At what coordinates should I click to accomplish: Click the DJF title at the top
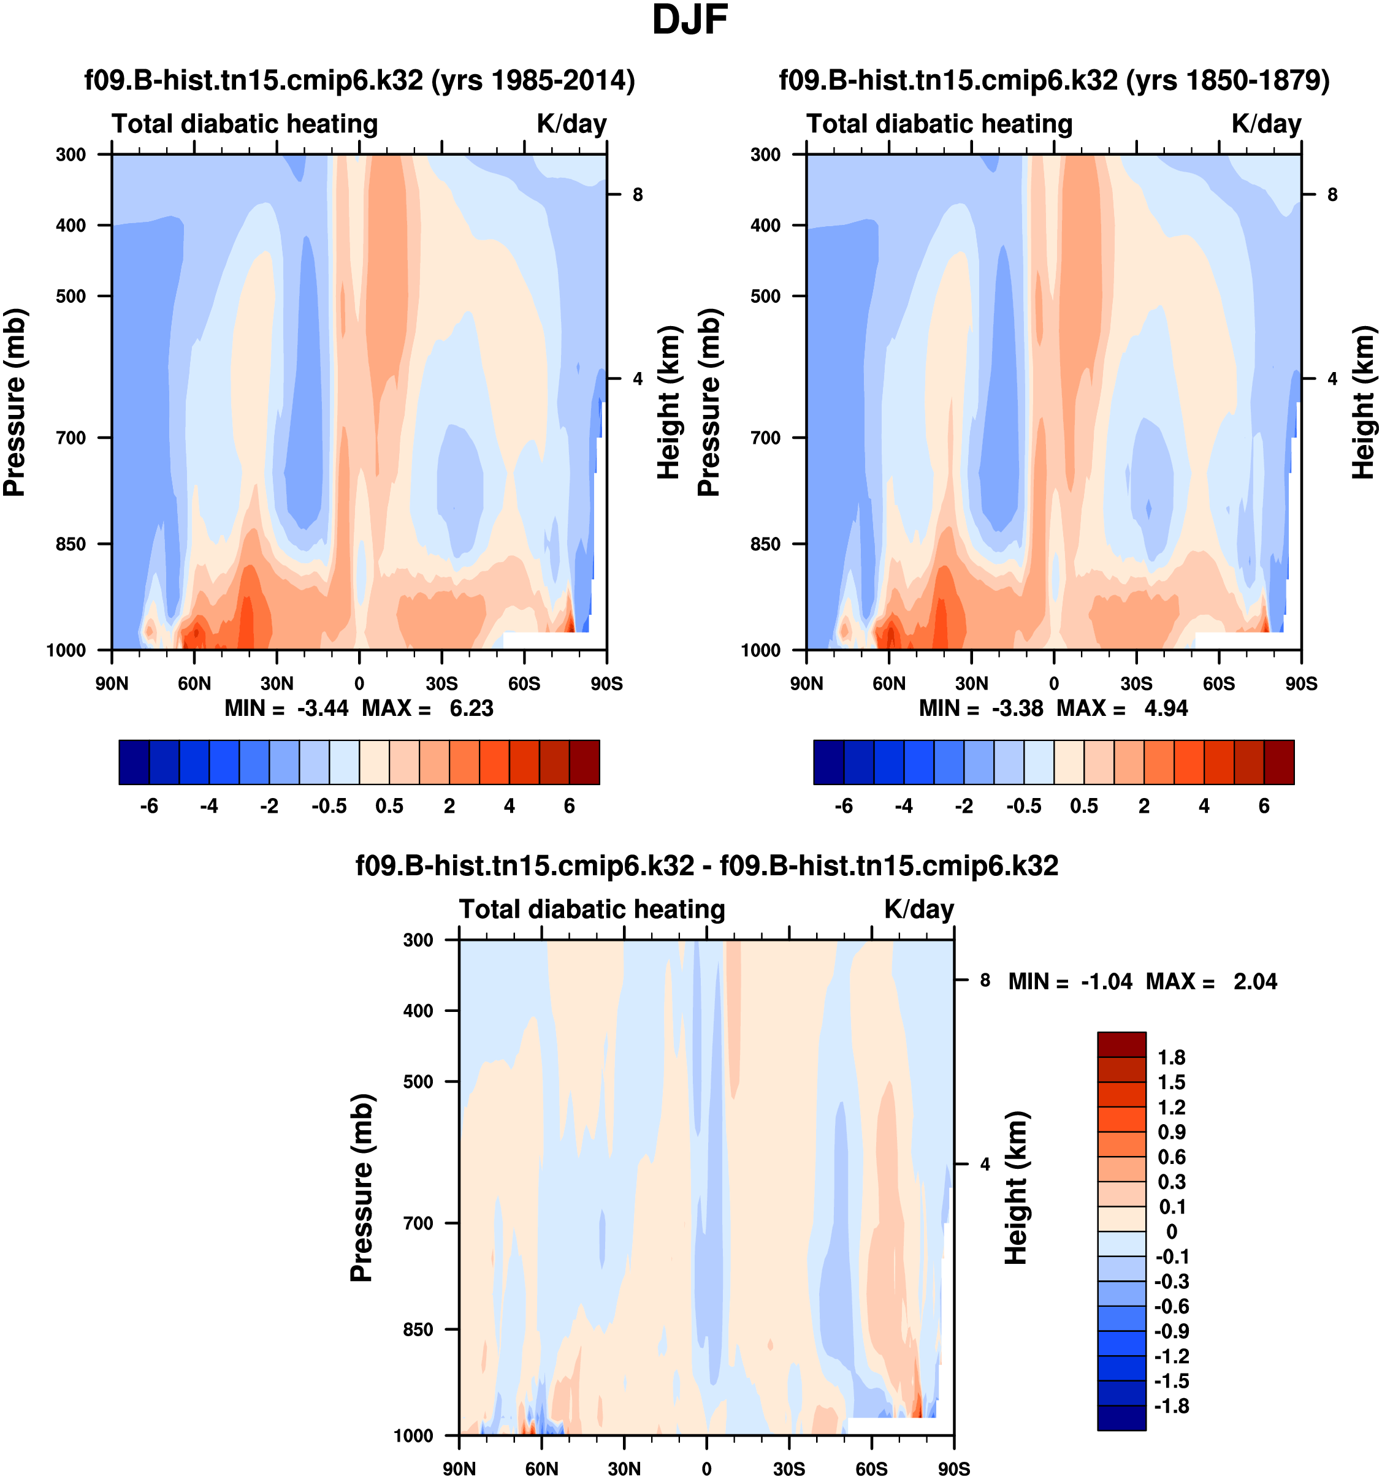click(690, 21)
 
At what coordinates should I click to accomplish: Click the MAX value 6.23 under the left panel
click(471, 709)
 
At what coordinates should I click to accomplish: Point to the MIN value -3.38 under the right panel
click(1017, 709)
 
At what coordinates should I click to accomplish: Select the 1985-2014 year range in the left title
click(553, 80)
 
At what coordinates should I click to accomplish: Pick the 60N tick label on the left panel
click(194, 683)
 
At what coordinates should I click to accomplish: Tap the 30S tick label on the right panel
click(1136, 683)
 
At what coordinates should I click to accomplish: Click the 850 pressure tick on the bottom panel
click(418, 1329)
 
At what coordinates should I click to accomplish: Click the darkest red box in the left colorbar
click(584, 762)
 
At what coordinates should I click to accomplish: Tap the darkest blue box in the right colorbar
click(828, 762)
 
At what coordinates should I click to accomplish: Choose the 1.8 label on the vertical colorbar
click(1171, 1057)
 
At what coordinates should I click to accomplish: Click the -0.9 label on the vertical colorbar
click(1171, 1331)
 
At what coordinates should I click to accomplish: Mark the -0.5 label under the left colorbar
click(329, 807)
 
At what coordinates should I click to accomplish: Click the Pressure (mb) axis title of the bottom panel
click(362, 1188)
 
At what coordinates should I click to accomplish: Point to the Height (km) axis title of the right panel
click(1362, 401)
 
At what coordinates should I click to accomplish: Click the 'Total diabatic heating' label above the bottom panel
click(592, 910)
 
